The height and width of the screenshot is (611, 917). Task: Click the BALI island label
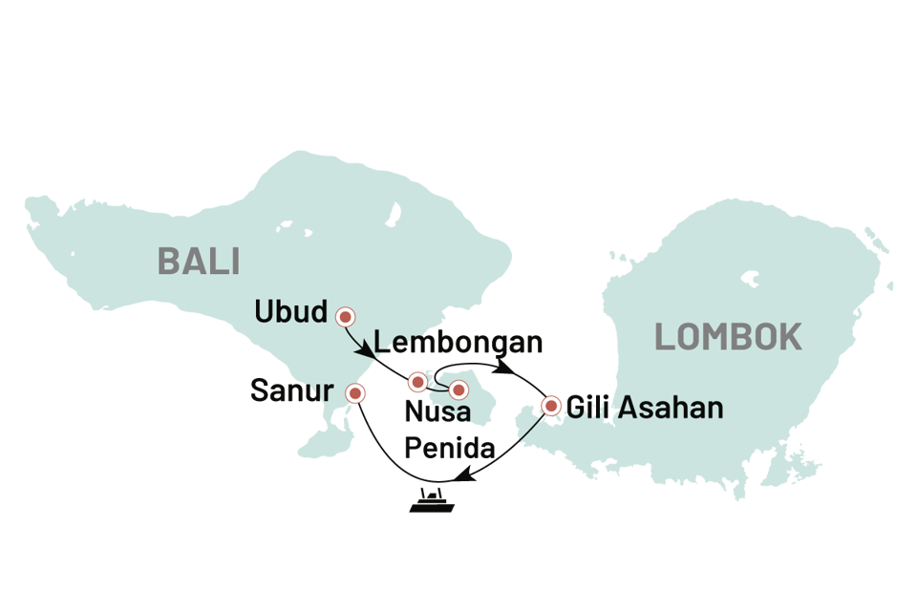(199, 260)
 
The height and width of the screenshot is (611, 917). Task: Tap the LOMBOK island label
(728, 337)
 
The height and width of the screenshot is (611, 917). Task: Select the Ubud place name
(291, 312)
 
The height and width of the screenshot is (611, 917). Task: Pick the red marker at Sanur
(356, 392)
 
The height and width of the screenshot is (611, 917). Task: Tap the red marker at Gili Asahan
(550, 406)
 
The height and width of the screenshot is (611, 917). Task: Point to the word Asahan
(670, 409)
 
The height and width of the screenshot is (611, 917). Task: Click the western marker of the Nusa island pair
(417, 383)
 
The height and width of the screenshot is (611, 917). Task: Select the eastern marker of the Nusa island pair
(458, 390)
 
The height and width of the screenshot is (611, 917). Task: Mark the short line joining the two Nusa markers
(437, 388)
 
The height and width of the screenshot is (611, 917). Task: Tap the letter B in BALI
(168, 260)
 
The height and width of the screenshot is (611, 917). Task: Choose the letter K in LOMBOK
(789, 337)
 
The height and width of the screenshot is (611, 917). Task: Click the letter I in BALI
(234, 260)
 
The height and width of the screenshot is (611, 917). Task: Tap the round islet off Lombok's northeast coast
(888, 285)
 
